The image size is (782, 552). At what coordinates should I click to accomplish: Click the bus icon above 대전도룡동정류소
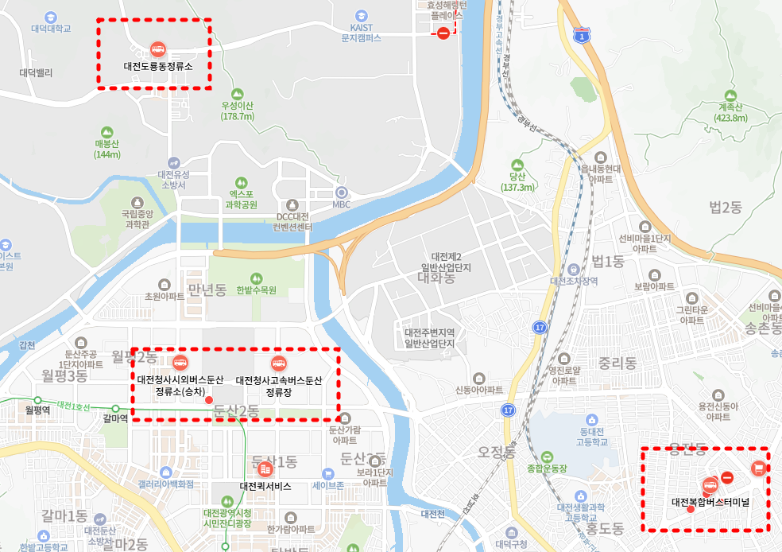tap(158, 49)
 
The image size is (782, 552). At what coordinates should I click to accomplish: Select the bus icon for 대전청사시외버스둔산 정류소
tap(180, 363)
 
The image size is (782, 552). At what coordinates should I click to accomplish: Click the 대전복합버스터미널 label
tap(710, 502)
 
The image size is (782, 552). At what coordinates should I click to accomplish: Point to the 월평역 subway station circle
tap(37, 398)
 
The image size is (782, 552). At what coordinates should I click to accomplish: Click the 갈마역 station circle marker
tap(115, 408)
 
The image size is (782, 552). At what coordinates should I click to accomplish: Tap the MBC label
tap(342, 204)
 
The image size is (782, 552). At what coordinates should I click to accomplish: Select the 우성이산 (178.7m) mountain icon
tap(237, 93)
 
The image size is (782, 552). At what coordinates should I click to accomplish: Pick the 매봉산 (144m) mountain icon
tap(107, 132)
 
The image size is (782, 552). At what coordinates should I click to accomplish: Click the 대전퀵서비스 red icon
tap(265, 470)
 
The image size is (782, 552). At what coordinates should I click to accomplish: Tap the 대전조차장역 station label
tap(574, 281)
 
